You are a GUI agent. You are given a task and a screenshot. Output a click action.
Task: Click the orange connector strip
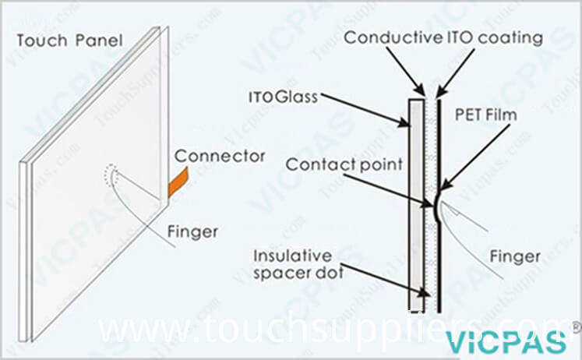pos(178,182)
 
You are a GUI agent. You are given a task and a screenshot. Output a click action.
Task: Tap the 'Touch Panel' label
pos(69,41)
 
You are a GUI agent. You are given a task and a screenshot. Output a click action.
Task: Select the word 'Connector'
pos(220,157)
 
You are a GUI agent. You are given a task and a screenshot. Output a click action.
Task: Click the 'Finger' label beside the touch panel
pos(192,232)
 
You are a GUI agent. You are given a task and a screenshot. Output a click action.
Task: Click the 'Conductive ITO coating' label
pos(443,38)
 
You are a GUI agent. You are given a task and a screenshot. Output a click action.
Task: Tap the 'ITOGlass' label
pos(283,97)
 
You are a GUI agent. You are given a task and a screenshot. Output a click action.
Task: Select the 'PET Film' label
pos(486,115)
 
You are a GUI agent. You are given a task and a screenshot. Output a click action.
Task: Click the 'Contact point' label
pos(344,164)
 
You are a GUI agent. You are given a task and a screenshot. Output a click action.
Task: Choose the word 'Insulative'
pos(292,256)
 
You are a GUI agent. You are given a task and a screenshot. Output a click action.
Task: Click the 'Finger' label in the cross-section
pos(515,256)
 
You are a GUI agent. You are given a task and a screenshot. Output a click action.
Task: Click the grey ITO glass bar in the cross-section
pos(417,204)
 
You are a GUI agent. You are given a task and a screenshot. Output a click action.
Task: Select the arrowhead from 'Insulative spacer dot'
pos(424,292)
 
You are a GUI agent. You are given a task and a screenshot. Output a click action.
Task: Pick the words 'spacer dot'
pos(298,274)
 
